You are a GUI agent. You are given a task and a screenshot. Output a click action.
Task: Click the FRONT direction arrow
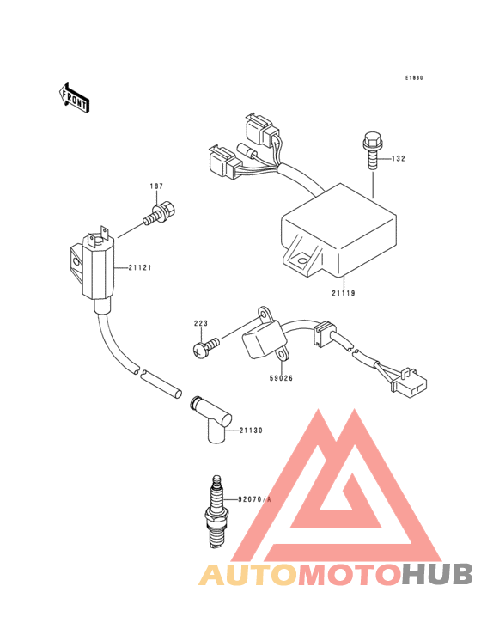(74, 98)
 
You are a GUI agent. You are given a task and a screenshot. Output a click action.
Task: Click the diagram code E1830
(414, 78)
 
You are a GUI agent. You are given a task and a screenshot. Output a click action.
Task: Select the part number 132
(399, 159)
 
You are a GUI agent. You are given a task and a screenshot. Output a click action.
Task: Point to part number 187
(156, 186)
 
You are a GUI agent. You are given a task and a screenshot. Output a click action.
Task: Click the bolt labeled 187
(161, 214)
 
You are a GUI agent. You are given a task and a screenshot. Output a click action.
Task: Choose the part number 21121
(140, 267)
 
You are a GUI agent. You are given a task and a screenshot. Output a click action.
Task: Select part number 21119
(344, 293)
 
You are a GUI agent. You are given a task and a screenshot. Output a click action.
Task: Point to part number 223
(201, 323)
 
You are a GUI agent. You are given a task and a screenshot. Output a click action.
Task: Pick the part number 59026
(281, 378)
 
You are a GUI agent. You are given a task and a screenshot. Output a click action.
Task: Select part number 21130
(252, 431)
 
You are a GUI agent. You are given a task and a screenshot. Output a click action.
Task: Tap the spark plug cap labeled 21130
(211, 420)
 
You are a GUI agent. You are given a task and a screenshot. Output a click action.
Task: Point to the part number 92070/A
(254, 499)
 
